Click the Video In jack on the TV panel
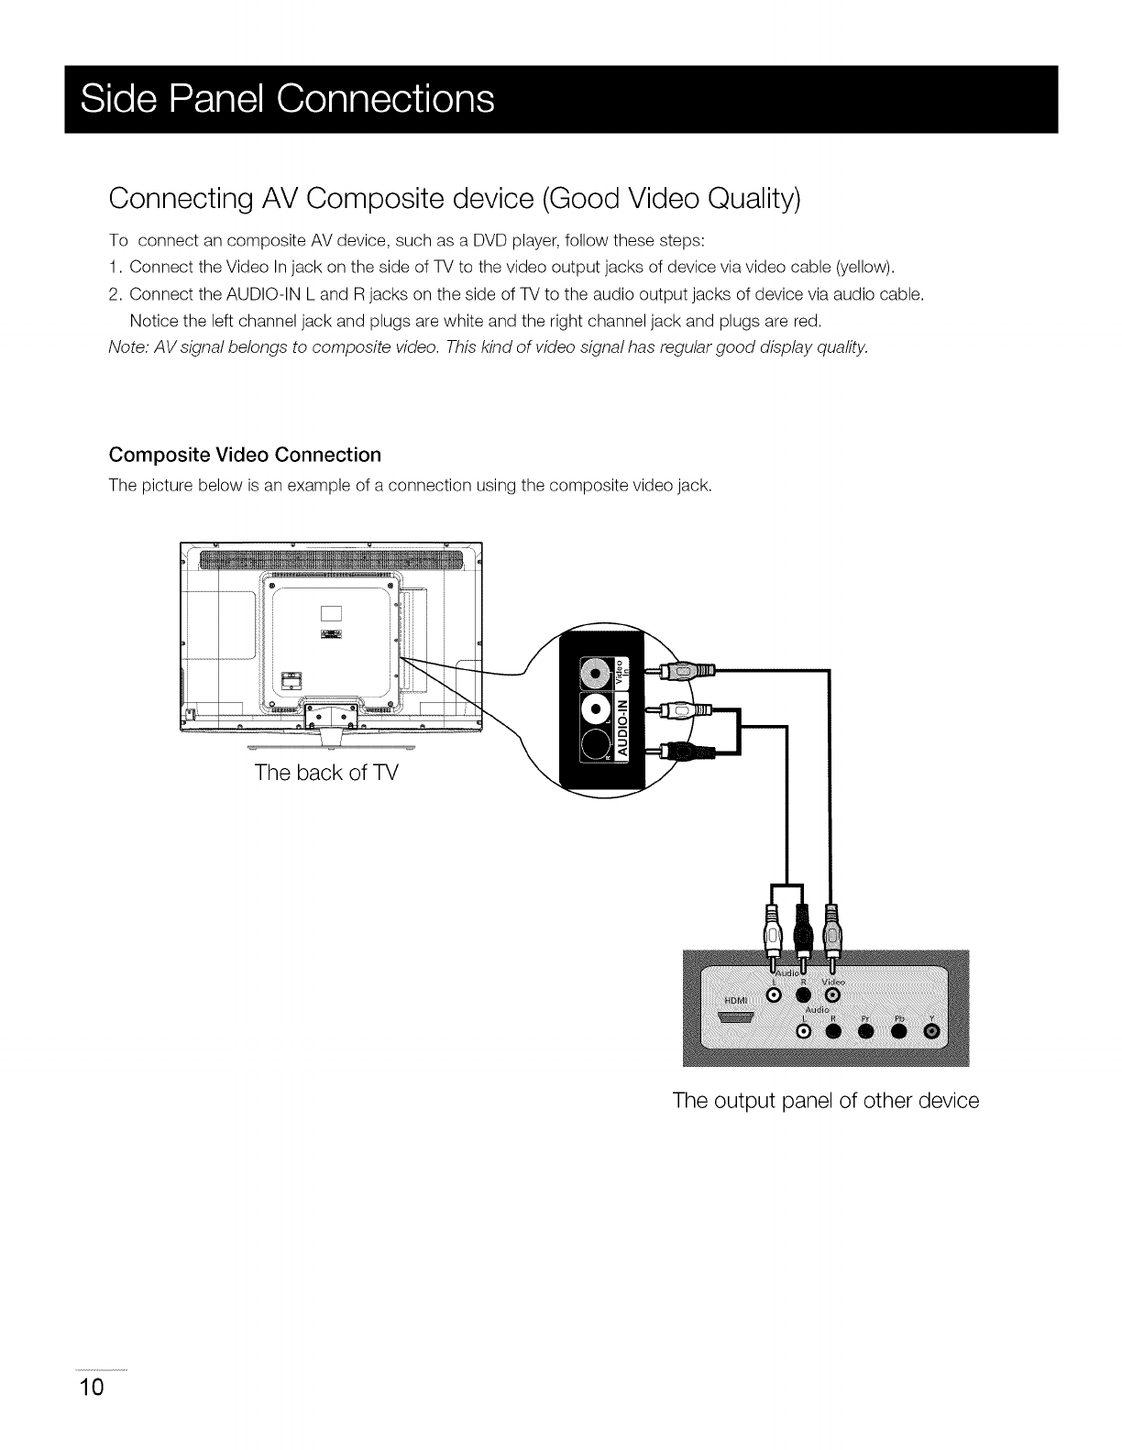click(x=597, y=676)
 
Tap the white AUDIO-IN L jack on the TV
click(x=597, y=710)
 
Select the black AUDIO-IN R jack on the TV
click(x=597, y=746)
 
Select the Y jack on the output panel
click(x=932, y=1033)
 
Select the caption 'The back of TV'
click(x=326, y=772)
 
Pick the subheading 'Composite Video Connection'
click(x=245, y=455)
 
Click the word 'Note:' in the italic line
click(x=127, y=347)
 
